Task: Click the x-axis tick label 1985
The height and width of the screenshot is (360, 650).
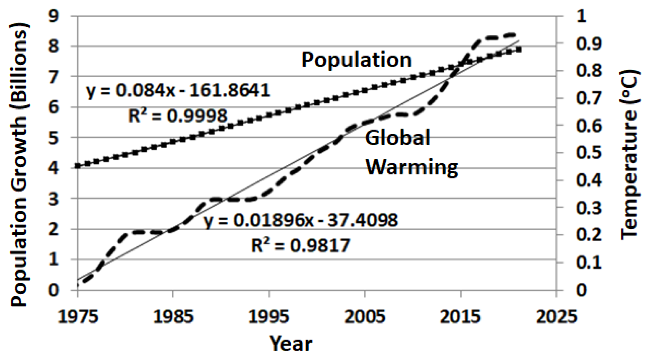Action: [x=173, y=317]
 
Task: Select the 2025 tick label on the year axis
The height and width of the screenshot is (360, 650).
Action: [x=556, y=317]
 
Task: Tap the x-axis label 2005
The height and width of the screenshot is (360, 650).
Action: [x=365, y=317]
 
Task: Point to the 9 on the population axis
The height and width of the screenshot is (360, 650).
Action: [x=53, y=16]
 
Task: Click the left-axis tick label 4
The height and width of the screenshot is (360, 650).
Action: [x=53, y=168]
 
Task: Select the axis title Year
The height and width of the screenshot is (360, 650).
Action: [x=291, y=344]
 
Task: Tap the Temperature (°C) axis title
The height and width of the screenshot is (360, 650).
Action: [x=630, y=155]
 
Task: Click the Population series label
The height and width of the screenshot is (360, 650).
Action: [x=356, y=59]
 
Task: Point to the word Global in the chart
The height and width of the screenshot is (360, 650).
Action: [x=397, y=137]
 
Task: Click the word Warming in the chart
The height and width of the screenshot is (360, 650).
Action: [x=412, y=167]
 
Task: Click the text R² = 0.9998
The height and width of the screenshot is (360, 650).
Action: [x=178, y=116]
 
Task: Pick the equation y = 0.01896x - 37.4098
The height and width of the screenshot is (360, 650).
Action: [x=301, y=220]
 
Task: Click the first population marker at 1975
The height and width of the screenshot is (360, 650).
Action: [x=78, y=166]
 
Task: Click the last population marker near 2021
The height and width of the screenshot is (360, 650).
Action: [x=518, y=50]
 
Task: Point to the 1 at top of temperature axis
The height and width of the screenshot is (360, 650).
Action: [x=581, y=16]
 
